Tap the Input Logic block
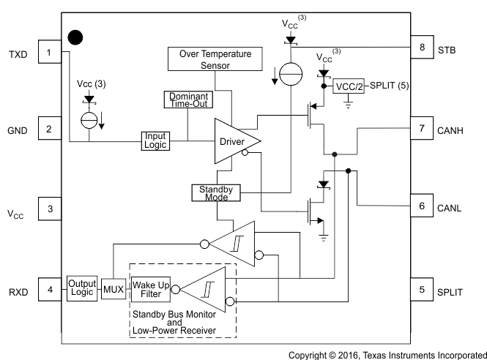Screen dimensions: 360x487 [x=155, y=140]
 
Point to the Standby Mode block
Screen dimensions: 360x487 [x=215, y=192]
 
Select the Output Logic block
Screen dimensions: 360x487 [x=81, y=288]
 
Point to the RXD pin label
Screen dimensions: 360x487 [x=18, y=291]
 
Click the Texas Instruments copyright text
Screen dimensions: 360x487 [x=386, y=353]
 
